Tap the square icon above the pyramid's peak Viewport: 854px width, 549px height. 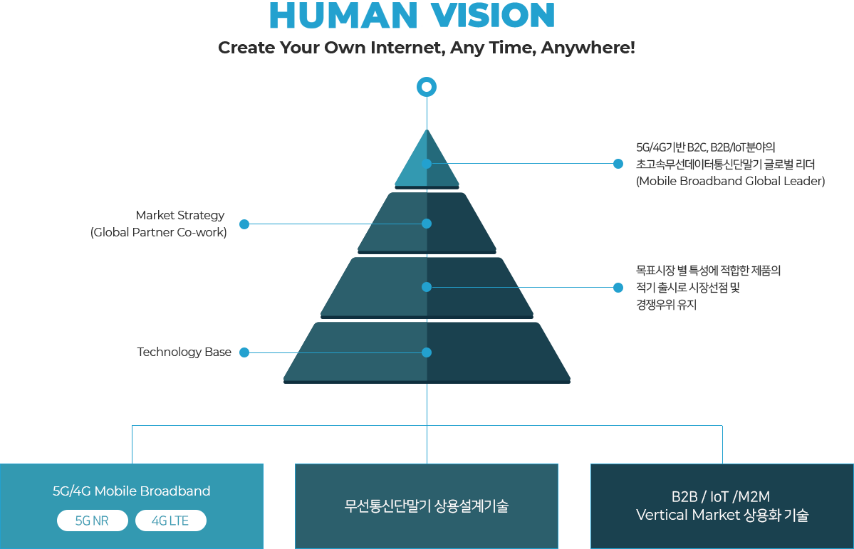click(427, 87)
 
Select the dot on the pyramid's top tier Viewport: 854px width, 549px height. click(427, 164)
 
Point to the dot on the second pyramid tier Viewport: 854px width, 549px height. click(427, 224)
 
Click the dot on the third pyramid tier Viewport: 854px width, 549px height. click(427, 287)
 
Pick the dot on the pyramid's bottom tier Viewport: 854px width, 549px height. click(427, 352)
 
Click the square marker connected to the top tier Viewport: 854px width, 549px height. click(618, 164)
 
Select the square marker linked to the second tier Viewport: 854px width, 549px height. click(244, 224)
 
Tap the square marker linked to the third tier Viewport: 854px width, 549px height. click(618, 288)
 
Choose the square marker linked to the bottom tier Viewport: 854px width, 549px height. click(244, 352)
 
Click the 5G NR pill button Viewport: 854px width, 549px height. click(92, 521)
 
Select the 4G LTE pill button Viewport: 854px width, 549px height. click(170, 521)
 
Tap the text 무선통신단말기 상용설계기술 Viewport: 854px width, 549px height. click(427, 507)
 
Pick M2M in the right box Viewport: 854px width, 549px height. click(754, 497)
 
